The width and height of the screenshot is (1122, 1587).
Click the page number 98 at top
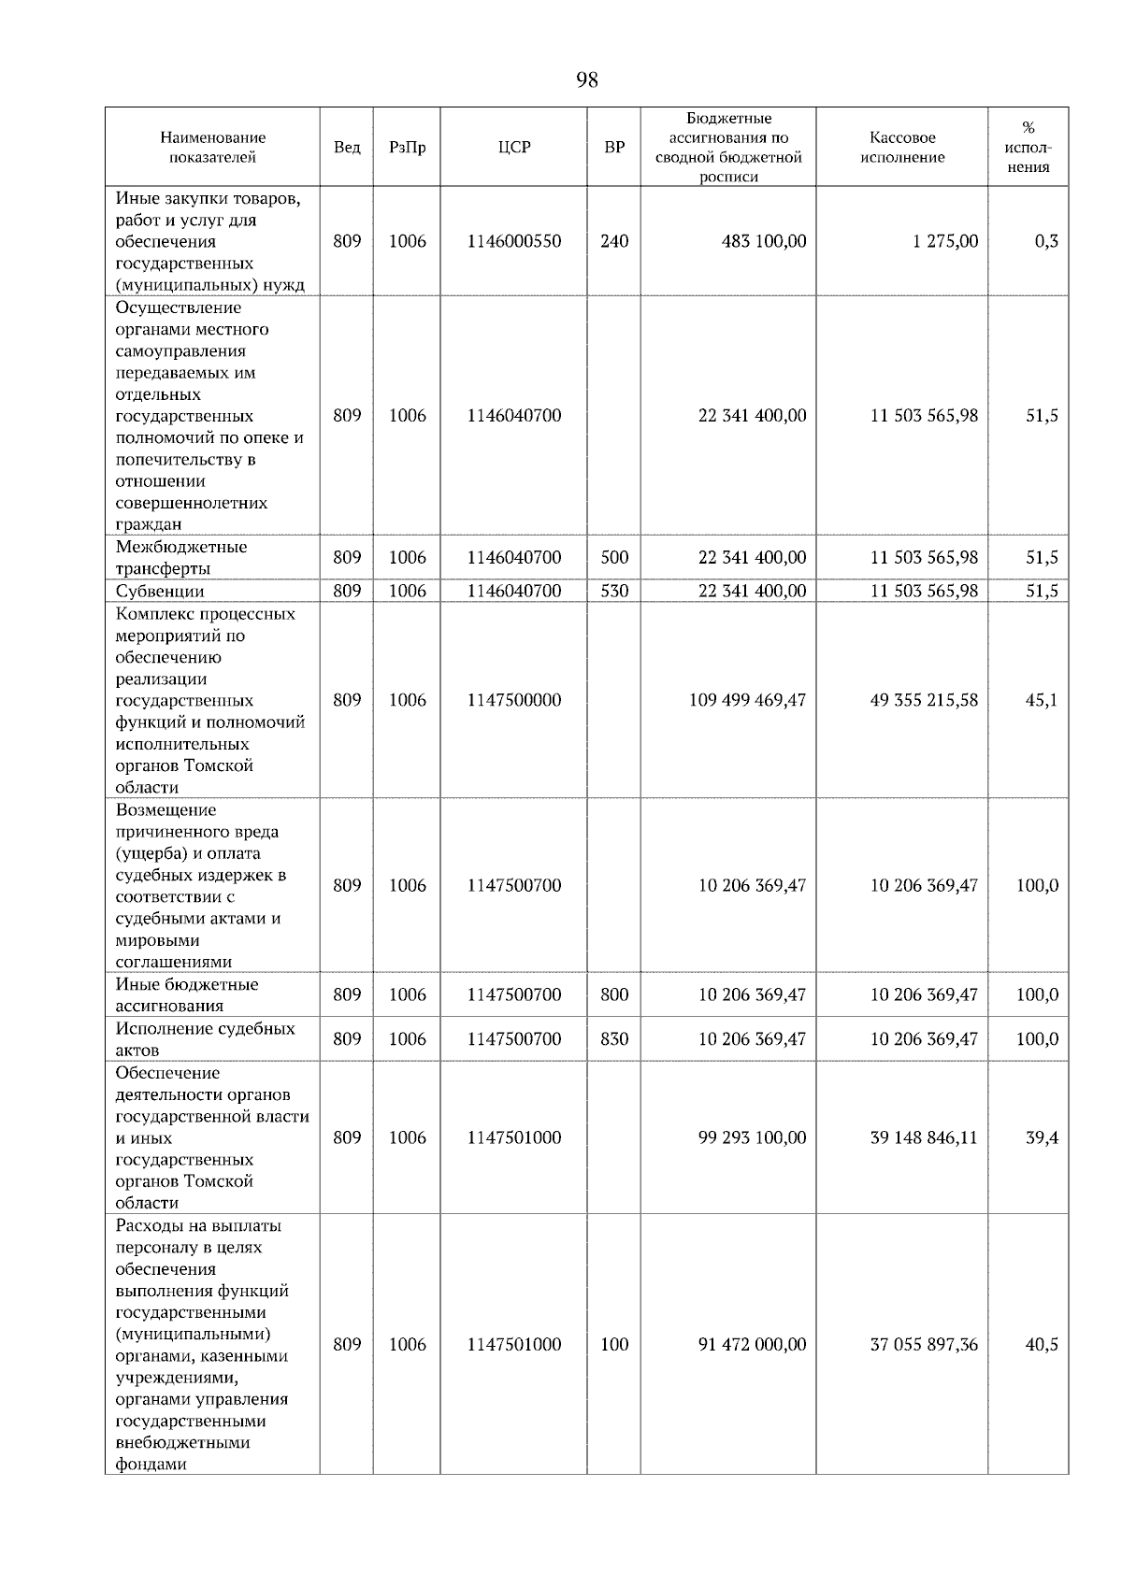coord(586,80)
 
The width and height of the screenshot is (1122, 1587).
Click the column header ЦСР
coord(514,148)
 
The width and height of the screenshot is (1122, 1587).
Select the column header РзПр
coord(407,148)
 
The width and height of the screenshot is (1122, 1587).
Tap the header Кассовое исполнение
coord(902,148)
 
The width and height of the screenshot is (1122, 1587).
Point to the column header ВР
coord(614,148)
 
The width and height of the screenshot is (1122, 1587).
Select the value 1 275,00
coord(946,241)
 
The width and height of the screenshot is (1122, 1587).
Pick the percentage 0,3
coord(1046,241)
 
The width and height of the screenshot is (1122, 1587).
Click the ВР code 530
coord(614,591)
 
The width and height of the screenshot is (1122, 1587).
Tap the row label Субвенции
coord(160,591)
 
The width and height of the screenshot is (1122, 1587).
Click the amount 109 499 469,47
coord(747,700)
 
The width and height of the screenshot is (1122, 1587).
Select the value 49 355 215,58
coord(924,700)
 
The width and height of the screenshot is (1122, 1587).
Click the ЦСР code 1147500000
coord(514,700)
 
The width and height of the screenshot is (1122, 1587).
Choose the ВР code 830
coord(614,1038)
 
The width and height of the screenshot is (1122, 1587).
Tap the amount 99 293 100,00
coord(752,1137)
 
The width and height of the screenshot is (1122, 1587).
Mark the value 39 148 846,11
coord(924,1137)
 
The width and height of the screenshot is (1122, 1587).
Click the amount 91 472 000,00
coord(752,1344)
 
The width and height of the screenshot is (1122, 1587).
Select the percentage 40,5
coord(1042,1344)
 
